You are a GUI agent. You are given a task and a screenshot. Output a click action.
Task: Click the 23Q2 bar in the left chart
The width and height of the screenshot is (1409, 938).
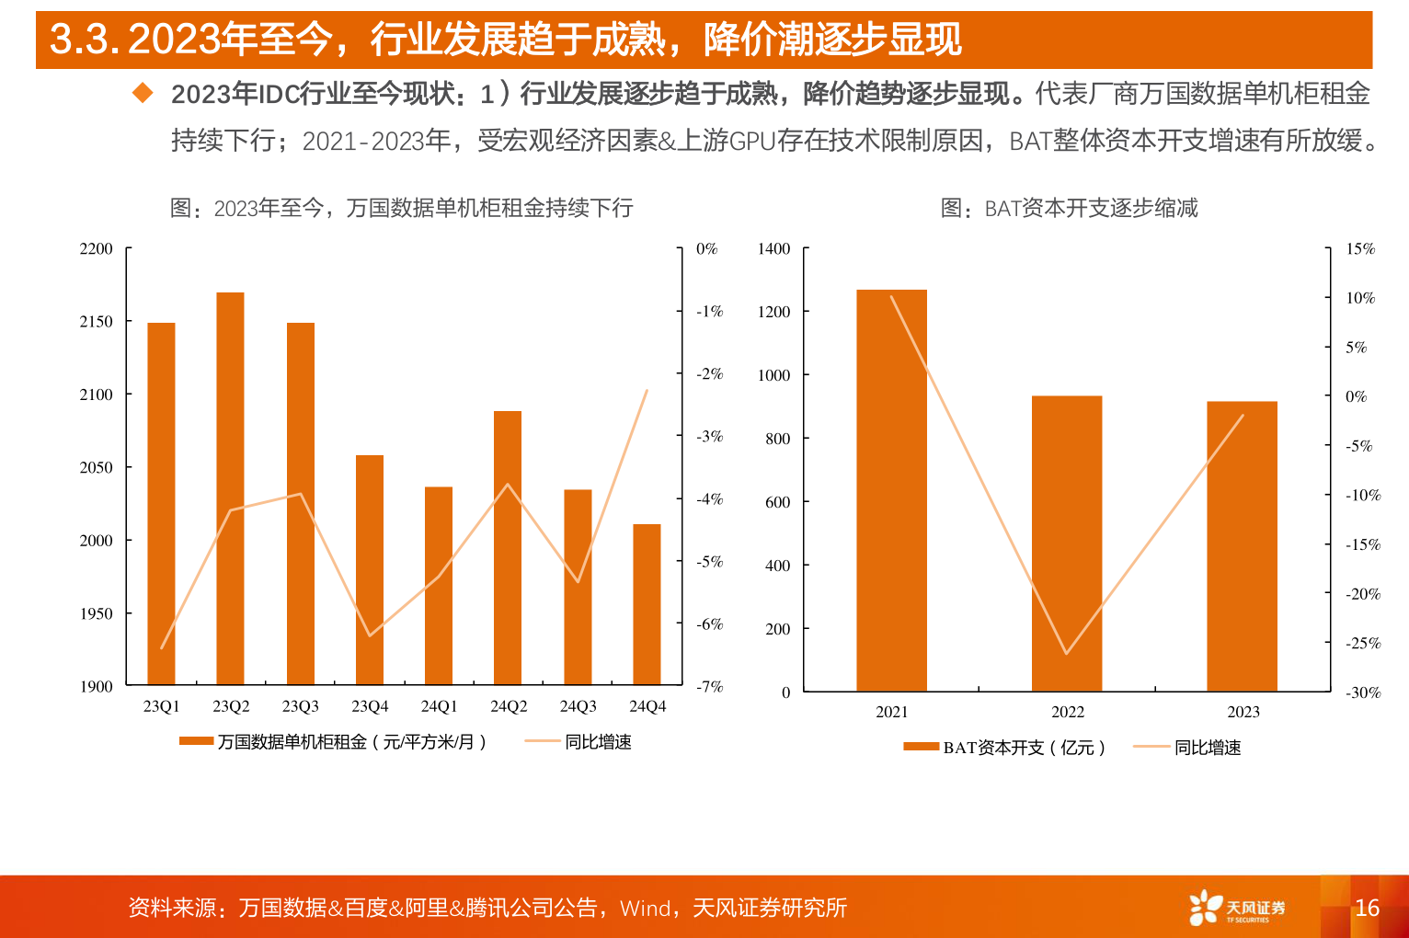230,488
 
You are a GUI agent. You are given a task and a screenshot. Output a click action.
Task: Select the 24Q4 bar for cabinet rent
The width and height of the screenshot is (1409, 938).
647,604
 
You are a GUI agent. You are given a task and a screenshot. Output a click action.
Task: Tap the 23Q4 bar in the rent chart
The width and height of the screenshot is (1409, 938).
370,569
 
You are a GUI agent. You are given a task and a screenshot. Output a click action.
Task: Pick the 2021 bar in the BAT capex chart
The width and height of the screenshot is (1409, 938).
891,490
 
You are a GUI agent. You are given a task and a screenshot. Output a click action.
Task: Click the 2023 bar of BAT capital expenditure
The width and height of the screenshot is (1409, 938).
1242,546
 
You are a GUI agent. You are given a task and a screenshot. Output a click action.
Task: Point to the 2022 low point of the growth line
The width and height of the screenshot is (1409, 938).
1067,654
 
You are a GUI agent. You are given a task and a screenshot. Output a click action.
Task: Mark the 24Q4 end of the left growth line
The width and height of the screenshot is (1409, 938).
647,390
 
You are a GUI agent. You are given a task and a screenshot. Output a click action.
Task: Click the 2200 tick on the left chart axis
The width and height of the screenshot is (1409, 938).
97,249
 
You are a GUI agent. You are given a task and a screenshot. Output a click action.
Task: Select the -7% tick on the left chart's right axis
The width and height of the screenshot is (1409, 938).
709,687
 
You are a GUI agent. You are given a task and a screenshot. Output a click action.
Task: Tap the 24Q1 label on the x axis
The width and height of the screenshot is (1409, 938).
439,706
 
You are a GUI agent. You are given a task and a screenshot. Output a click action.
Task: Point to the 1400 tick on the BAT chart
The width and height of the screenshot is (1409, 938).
773,249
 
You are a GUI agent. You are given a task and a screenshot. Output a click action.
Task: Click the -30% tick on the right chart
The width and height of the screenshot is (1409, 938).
1363,692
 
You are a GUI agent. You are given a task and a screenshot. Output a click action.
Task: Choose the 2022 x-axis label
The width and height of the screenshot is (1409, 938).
1067,712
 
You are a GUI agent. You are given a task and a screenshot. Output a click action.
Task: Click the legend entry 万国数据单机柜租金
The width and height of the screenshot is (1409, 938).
333,742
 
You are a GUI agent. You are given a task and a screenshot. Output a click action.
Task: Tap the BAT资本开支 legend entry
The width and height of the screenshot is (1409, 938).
1004,748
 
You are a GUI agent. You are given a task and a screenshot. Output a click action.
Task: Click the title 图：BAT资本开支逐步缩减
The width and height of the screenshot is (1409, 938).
1069,209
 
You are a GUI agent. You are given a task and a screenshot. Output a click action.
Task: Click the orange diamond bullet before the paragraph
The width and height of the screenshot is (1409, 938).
143,93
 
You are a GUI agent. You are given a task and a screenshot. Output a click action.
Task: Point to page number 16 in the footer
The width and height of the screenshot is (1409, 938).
1367,908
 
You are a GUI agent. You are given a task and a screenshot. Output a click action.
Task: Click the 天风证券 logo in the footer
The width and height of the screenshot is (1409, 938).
1236,908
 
